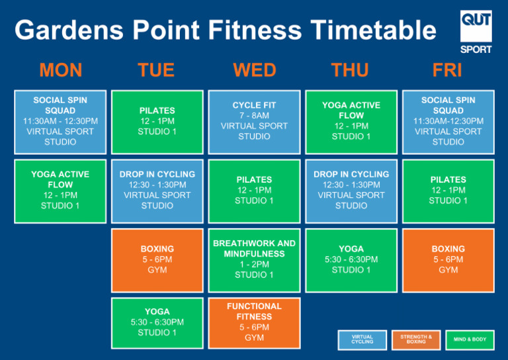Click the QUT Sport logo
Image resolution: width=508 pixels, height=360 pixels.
[x=476, y=31]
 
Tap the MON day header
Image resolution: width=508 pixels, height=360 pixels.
[x=61, y=69]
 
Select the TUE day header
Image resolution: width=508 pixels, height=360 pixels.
[x=156, y=69]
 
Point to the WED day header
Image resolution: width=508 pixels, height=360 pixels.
[x=254, y=69]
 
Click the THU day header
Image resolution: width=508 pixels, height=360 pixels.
[x=351, y=69]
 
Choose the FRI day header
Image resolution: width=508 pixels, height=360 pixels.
[x=448, y=69]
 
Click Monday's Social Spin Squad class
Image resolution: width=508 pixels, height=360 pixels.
[x=60, y=121]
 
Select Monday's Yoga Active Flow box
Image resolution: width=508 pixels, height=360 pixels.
[x=60, y=191]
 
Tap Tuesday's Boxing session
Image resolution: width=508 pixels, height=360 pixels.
[x=157, y=259]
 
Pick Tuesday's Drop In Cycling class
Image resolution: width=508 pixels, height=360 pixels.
[x=157, y=191]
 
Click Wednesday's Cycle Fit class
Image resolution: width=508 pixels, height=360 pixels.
[x=254, y=121]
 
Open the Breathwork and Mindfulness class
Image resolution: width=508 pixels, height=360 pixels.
[x=254, y=259]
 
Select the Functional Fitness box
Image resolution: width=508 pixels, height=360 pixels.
[x=254, y=322]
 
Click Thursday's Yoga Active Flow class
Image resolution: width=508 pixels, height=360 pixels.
[x=351, y=121]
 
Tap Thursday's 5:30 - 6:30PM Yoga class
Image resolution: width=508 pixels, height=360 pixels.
[x=351, y=259]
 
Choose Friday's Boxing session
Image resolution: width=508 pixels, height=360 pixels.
[x=448, y=259]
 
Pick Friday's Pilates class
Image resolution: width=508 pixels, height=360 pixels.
[x=448, y=191]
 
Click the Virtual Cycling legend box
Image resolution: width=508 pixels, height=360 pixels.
[x=362, y=339]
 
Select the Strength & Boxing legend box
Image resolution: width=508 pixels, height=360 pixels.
[x=416, y=339]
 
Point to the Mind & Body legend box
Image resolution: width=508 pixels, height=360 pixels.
[x=470, y=339]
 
